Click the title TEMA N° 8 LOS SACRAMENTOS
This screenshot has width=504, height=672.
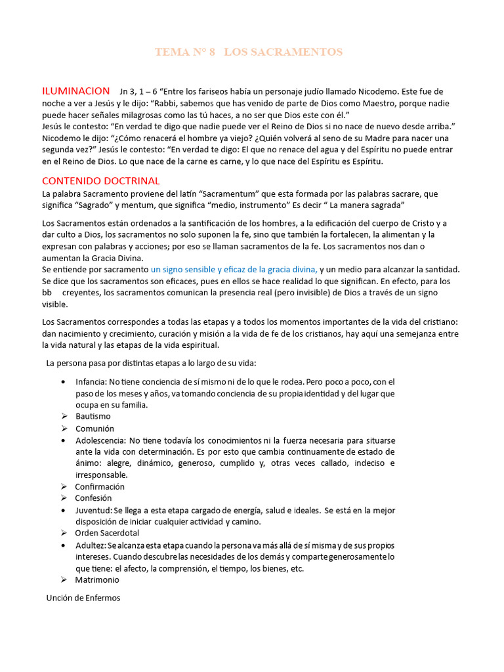tap(248, 52)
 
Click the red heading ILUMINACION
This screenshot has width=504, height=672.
tap(75, 91)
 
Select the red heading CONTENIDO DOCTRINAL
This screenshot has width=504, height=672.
tap(100, 180)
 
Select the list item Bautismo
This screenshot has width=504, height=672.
tap(93, 417)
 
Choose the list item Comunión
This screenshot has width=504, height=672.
tap(94, 429)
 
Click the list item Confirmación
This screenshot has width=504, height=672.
tap(100, 487)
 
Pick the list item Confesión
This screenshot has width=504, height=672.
tap(93, 498)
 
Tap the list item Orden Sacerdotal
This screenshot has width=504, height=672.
tap(107, 533)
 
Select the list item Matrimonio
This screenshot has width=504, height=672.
tap(97, 580)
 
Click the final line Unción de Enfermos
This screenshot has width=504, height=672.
tap(83, 598)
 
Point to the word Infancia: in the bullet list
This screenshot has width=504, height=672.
tap(91, 382)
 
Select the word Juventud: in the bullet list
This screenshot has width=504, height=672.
tap(93, 511)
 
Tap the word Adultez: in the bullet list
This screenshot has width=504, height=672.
tap(91, 545)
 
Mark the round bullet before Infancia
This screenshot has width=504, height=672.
tap(62, 382)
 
